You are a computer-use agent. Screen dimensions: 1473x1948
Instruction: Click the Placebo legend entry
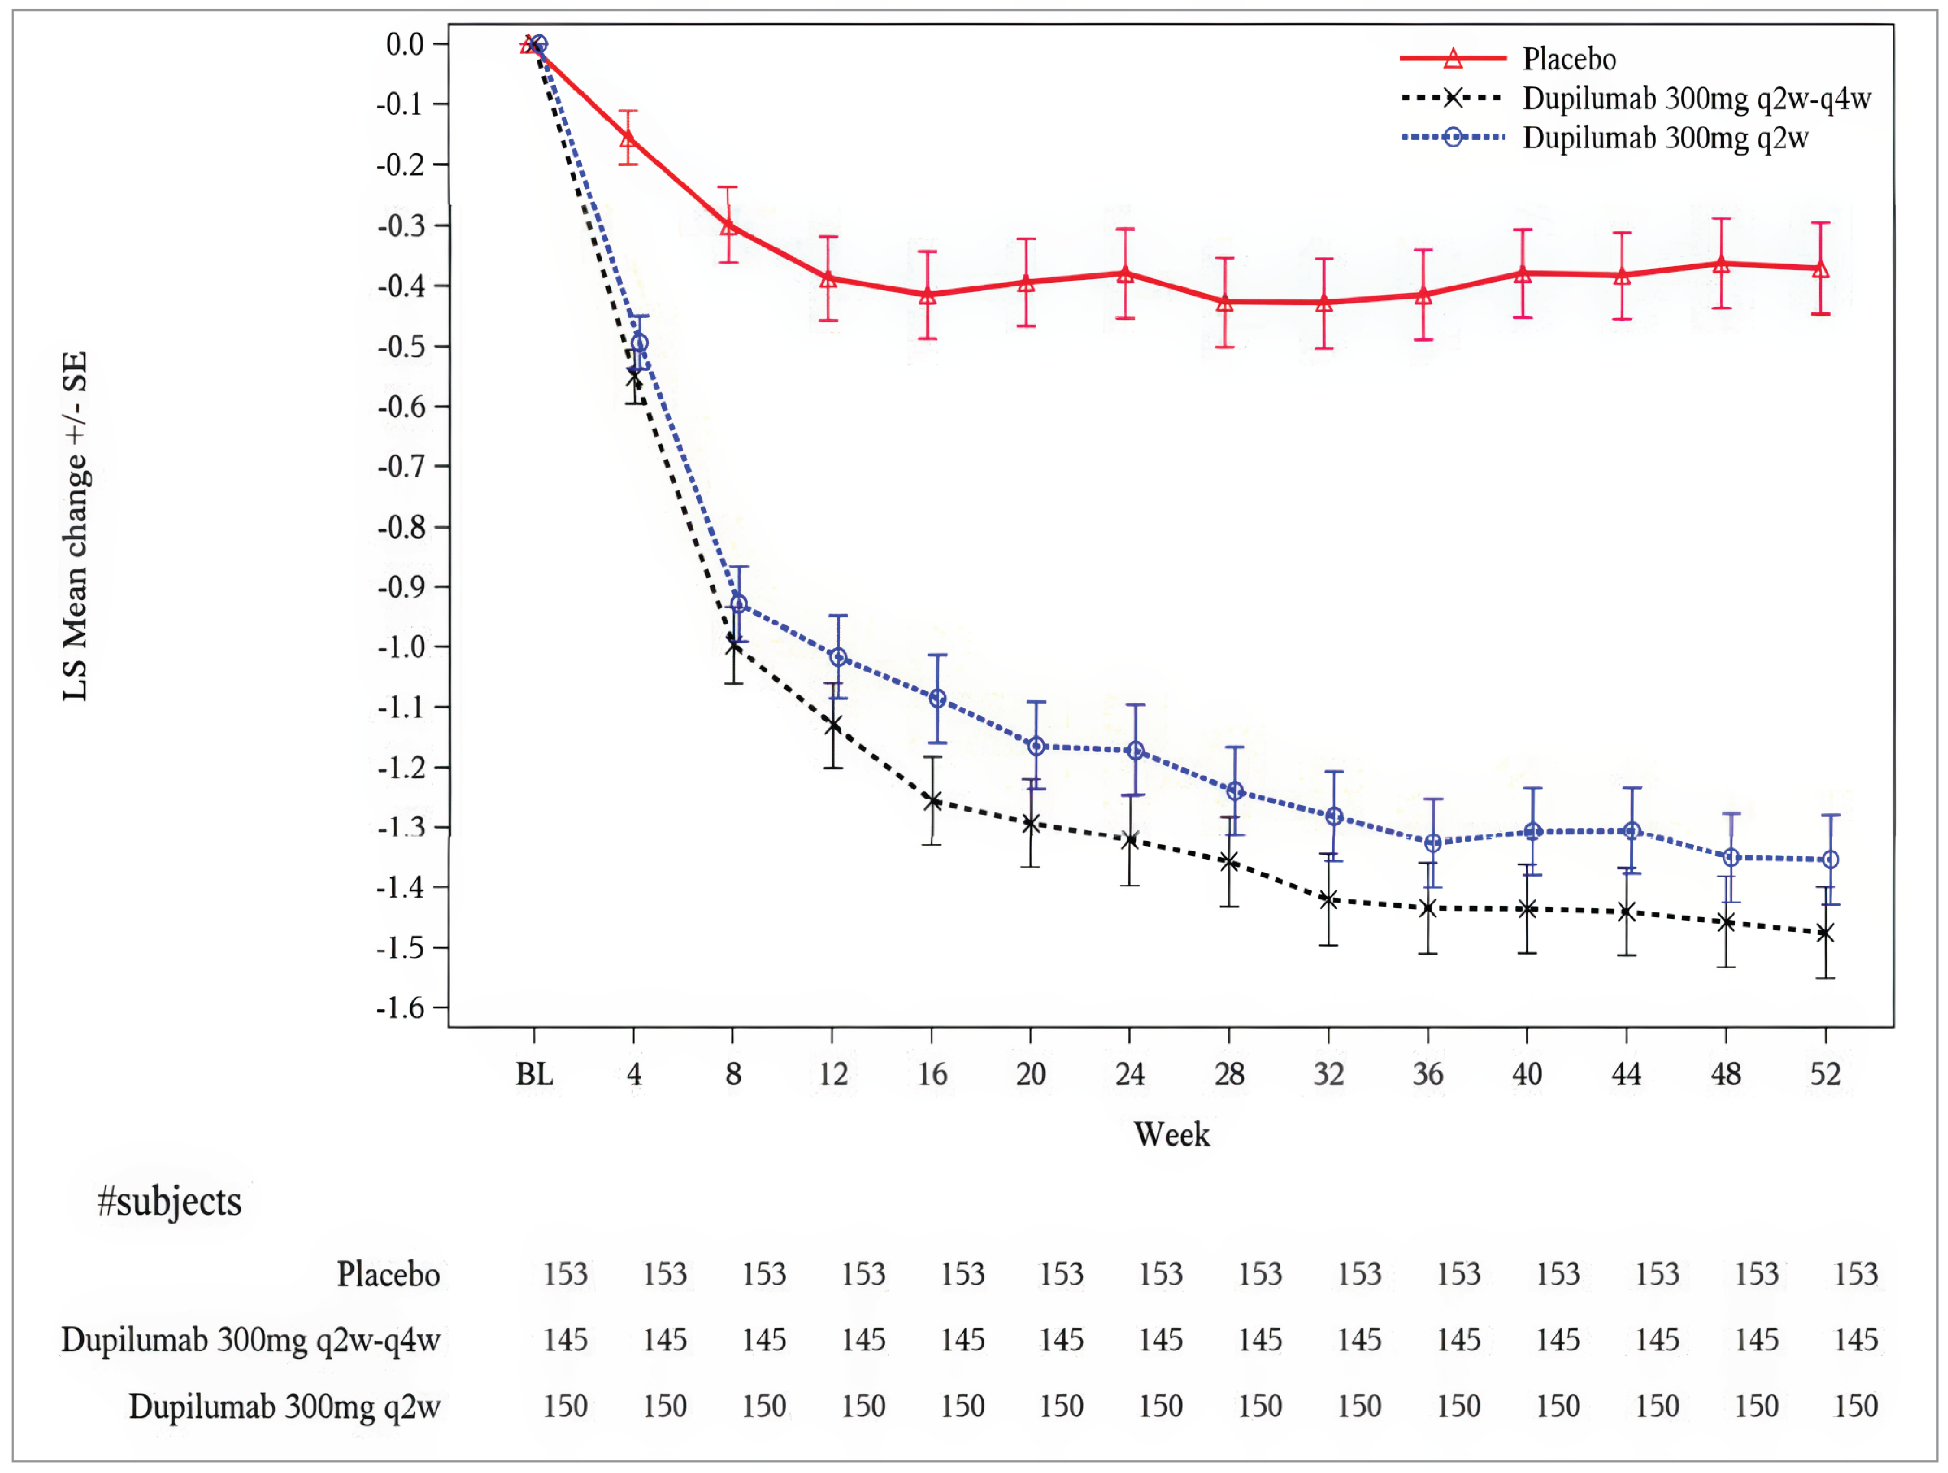point(1569,59)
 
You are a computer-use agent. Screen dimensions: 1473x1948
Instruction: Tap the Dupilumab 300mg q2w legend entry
point(1664,138)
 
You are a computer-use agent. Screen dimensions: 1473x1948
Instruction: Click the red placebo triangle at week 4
point(628,138)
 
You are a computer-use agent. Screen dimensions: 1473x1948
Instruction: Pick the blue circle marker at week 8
point(739,604)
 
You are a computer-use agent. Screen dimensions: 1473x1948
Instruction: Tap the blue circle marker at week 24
point(1136,750)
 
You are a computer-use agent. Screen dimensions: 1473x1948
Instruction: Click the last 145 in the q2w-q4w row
point(1855,1340)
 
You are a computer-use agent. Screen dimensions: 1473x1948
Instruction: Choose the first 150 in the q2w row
point(564,1406)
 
